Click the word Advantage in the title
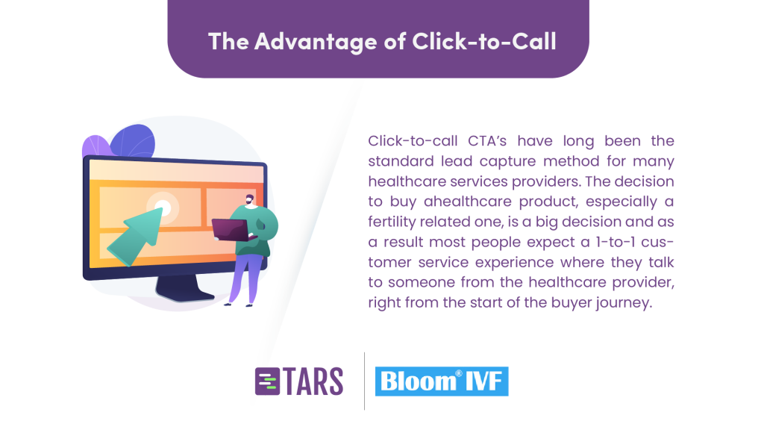(316, 42)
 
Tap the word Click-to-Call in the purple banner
(484, 41)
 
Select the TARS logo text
(314, 381)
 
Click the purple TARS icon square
(268, 381)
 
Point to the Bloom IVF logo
(442, 381)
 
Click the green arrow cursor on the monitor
(136, 237)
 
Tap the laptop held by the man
(231, 230)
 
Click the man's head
(249, 200)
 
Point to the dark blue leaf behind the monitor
(133, 140)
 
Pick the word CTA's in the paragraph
(487, 141)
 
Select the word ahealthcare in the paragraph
(468, 202)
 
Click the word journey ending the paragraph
(627, 303)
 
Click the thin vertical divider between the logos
(364, 381)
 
